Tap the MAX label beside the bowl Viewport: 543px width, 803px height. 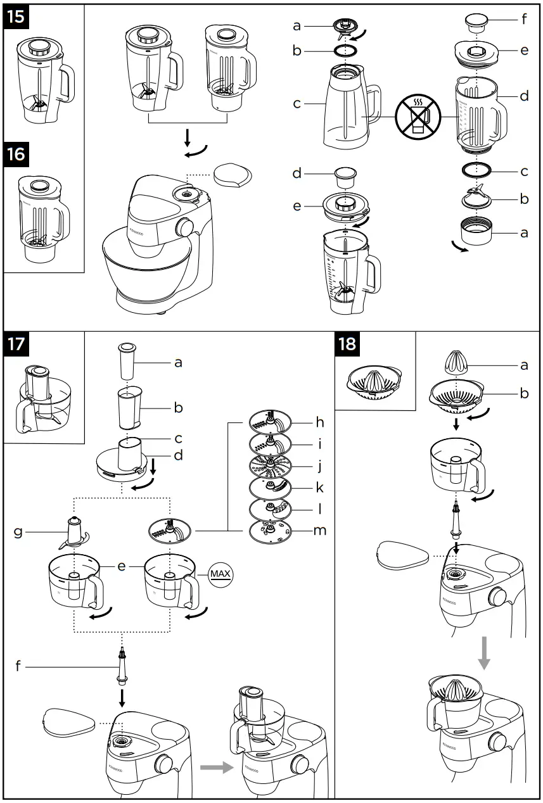pos(220,574)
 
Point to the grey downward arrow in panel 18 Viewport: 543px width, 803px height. pos(484,652)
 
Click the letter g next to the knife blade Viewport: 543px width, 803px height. pos(19,531)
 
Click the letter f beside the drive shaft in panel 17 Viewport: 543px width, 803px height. pos(19,666)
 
